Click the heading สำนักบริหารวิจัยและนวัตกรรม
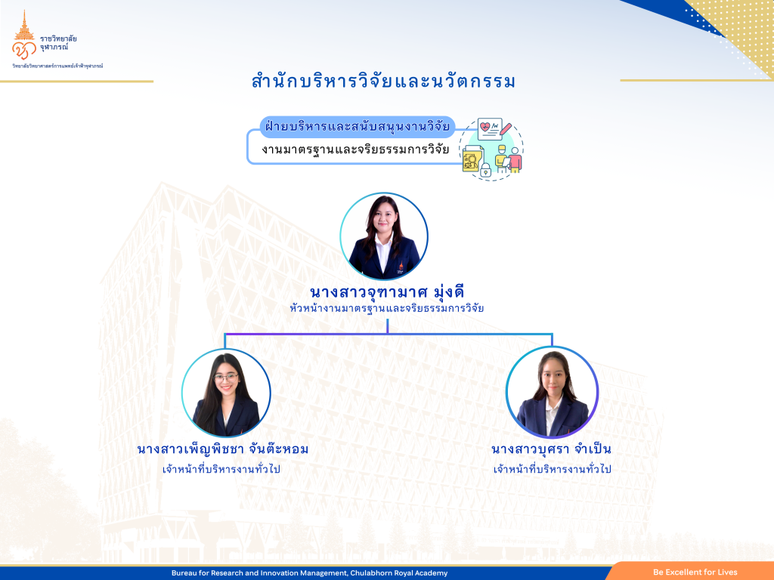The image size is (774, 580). pos(383,82)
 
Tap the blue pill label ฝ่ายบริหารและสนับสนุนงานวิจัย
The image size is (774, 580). pos(357,127)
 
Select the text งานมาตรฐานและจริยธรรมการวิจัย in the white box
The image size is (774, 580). pos(355,150)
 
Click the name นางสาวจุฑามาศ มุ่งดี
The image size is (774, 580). pos(387,292)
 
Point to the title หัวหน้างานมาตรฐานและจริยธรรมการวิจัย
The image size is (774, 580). pos(386,309)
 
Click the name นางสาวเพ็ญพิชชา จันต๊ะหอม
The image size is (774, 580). pos(223,449)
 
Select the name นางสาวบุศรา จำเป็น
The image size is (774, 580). pos(551,449)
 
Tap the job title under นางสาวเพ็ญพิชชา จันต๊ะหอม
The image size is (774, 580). pos(221,468)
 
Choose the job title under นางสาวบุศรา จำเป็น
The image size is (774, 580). pos(553,468)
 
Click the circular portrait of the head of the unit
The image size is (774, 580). pos(383,236)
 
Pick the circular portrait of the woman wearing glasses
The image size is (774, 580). pos(226,393)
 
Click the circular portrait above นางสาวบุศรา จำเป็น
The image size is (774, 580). pos(552,393)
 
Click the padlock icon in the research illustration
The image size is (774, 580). pos(486,170)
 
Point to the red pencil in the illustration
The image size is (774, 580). pos(506,129)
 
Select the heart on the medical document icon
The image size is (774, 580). pos(486,127)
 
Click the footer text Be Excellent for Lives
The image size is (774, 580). pos(695,572)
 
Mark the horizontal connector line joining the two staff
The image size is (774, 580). pos(389,335)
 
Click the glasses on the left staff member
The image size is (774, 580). pos(226,378)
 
